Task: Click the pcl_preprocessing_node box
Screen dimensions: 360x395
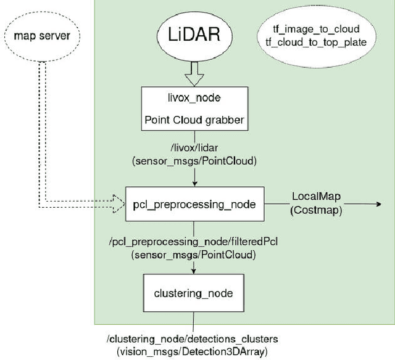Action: click(x=194, y=203)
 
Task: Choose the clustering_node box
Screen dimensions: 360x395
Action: click(x=194, y=293)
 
